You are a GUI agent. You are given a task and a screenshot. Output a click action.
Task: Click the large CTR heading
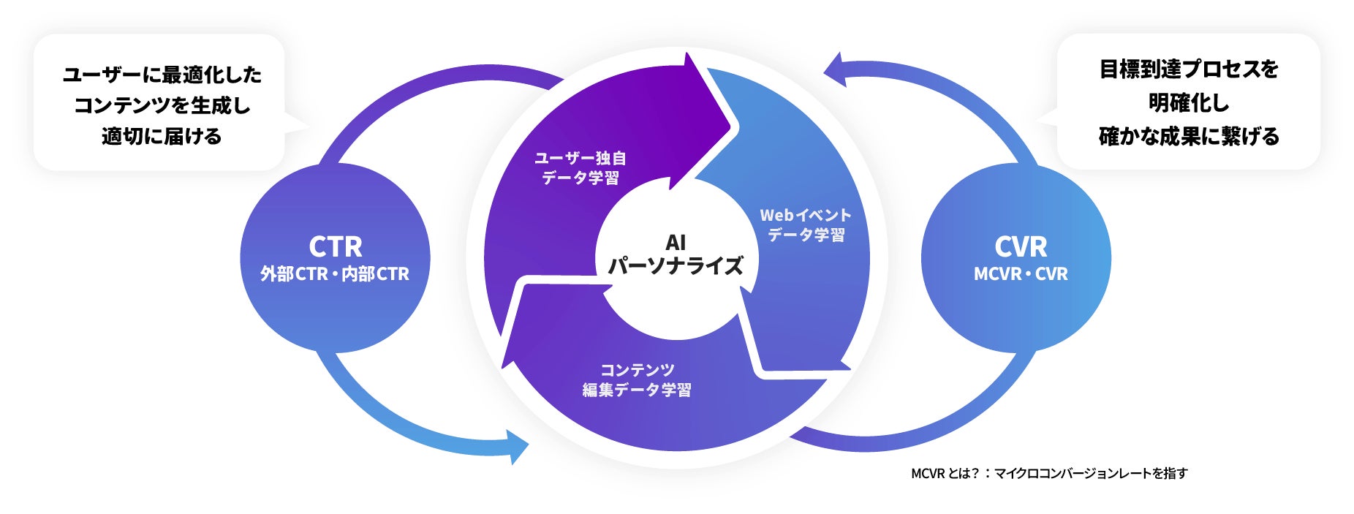pos(335,247)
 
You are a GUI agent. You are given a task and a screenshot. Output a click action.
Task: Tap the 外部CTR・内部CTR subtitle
pos(335,274)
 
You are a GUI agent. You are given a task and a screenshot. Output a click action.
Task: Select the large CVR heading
pos(1021,247)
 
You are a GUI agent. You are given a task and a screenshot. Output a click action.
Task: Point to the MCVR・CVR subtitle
pos(1021,274)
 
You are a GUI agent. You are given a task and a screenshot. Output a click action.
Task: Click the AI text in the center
pos(676,243)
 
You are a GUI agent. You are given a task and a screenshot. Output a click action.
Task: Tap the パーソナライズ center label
pos(676,265)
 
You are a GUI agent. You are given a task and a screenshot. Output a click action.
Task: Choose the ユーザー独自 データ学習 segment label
pos(580,168)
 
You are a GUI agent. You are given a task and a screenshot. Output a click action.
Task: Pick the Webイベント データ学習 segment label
pos(806,225)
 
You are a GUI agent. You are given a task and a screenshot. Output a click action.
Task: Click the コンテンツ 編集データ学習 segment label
pos(637,380)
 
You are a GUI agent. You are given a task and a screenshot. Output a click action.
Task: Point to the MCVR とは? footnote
pos(1049,473)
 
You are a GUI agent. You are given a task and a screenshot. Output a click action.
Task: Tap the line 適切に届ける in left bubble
pos(162,137)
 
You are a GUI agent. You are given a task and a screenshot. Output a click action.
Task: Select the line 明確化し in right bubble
pos(1189,103)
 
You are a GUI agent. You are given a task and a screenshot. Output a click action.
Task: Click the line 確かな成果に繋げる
pos(1189,137)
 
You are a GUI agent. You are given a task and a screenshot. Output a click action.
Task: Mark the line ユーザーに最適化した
pos(162,75)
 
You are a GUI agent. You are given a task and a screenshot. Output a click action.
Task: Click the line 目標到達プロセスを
pos(1189,69)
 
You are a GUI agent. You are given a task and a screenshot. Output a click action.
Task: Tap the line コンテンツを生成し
pos(162,106)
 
